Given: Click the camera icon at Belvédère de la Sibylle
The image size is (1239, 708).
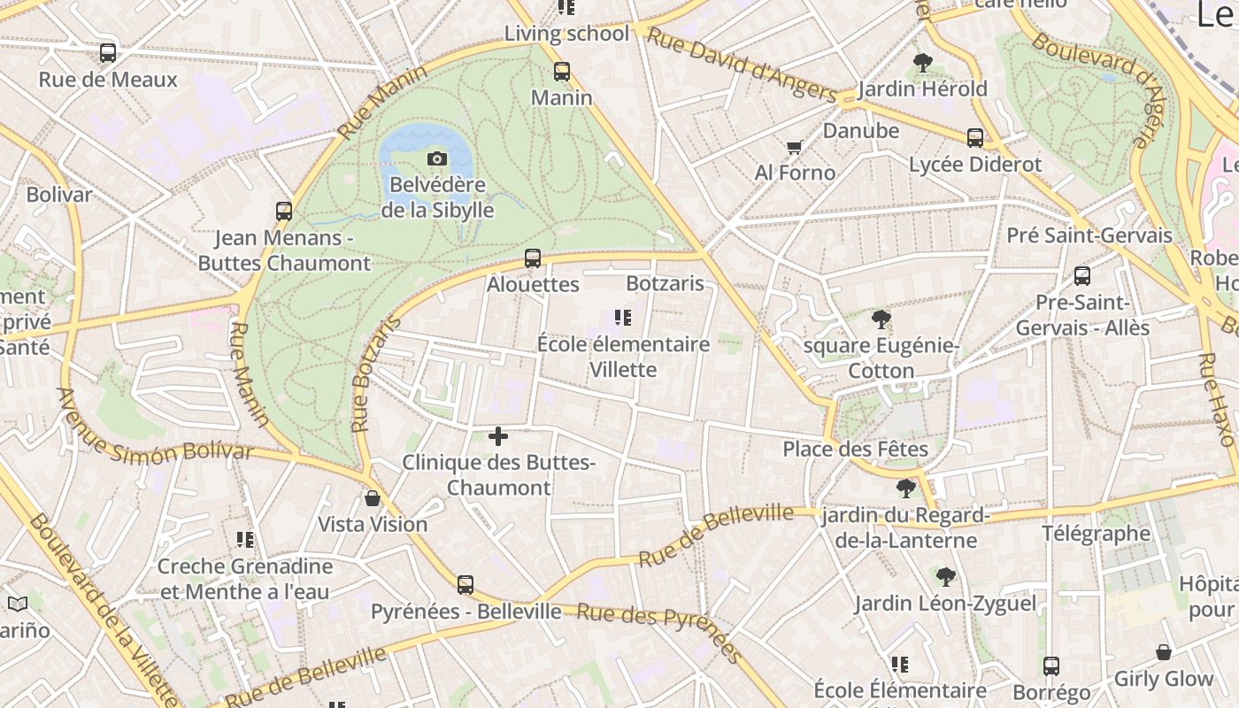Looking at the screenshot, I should (436, 159).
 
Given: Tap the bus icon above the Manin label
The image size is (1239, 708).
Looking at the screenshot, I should (562, 72).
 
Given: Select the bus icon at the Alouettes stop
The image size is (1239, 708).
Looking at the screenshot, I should (532, 258).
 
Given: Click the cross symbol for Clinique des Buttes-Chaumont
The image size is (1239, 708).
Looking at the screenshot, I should (498, 436).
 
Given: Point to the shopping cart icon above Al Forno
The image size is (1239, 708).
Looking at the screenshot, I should (794, 147).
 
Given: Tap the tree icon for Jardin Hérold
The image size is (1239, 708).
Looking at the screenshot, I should (923, 63).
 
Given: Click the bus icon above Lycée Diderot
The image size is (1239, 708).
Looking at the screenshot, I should (975, 138).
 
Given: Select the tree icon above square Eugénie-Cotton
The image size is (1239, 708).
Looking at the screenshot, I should (881, 319).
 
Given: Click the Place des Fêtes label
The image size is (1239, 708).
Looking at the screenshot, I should (855, 450).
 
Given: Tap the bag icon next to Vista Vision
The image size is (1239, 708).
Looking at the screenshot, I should (373, 498).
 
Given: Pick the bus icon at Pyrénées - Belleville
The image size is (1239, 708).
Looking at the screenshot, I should (466, 585).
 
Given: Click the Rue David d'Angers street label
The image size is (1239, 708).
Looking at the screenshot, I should (742, 65).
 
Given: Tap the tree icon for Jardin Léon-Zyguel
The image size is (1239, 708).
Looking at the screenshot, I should (945, 578).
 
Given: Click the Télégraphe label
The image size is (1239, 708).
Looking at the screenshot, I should (1096, 534).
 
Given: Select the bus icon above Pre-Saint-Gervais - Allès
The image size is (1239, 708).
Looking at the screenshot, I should (1081, 276).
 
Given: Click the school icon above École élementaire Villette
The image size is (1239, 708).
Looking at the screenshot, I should (622, 318).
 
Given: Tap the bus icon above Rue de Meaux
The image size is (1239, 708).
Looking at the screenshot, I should (108, 53).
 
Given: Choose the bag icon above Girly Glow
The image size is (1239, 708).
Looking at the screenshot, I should (1164, 653).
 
